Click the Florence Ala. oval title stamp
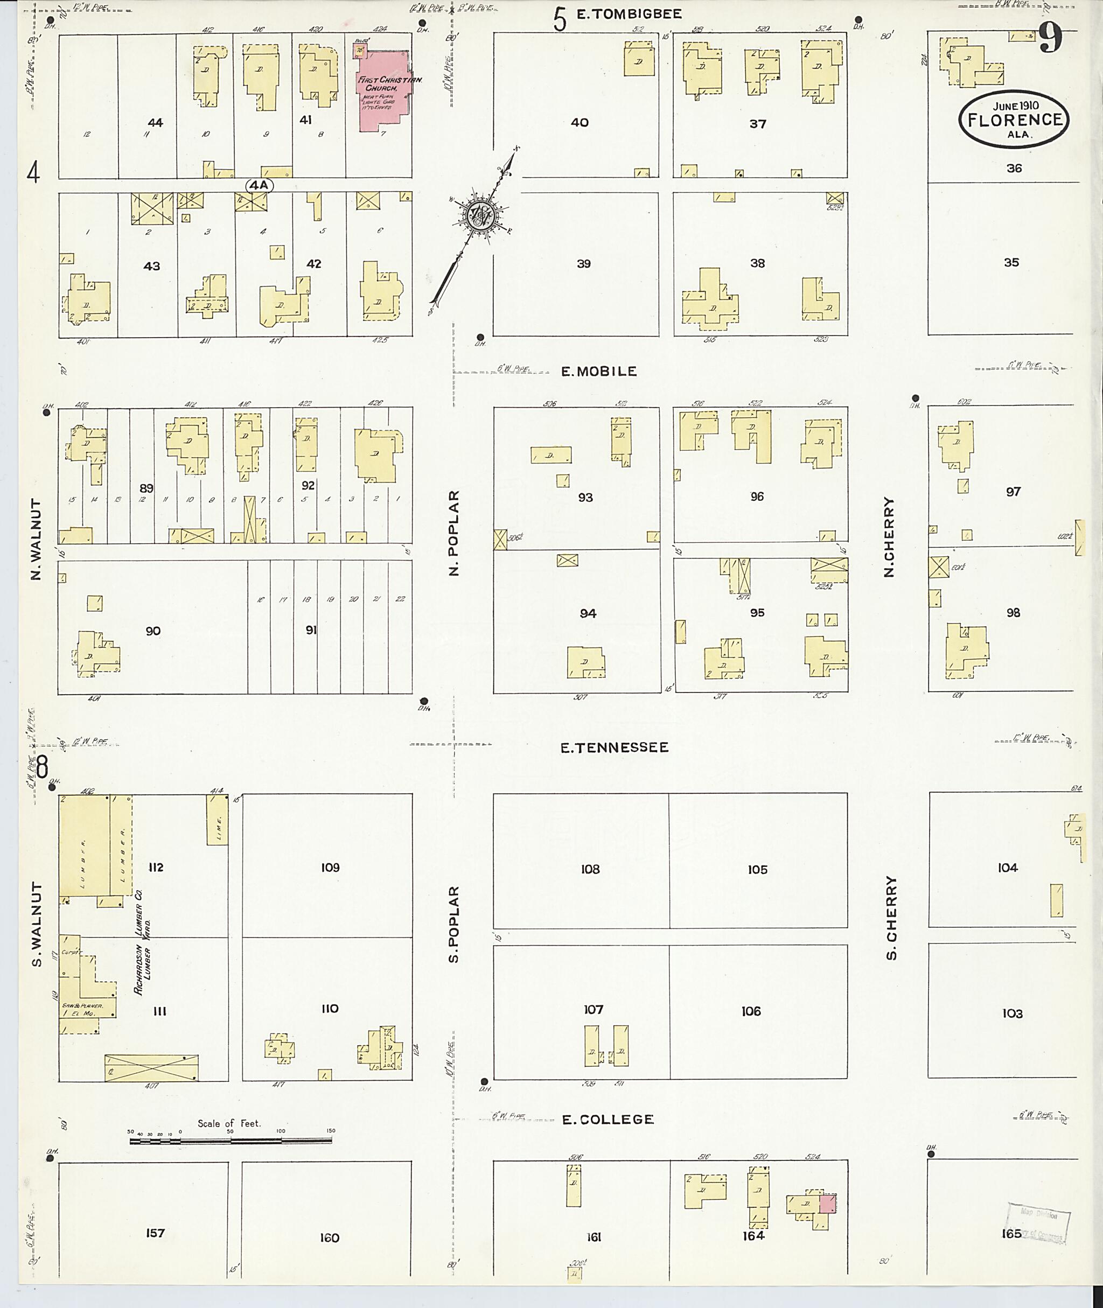point(1014,120)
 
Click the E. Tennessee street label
point(614,747)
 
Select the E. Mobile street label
point(598,372)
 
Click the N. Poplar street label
point(455,532)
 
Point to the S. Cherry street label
point(891,917)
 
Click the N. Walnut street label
point(36,539)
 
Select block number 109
point(330,867)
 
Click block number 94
point(587,613)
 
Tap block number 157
point(155,1233)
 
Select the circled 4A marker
point(260,185)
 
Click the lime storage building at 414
point(217,822)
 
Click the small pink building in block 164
point(827,1204)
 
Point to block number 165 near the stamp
point(1010,1233)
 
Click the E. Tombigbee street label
point(629,14)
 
